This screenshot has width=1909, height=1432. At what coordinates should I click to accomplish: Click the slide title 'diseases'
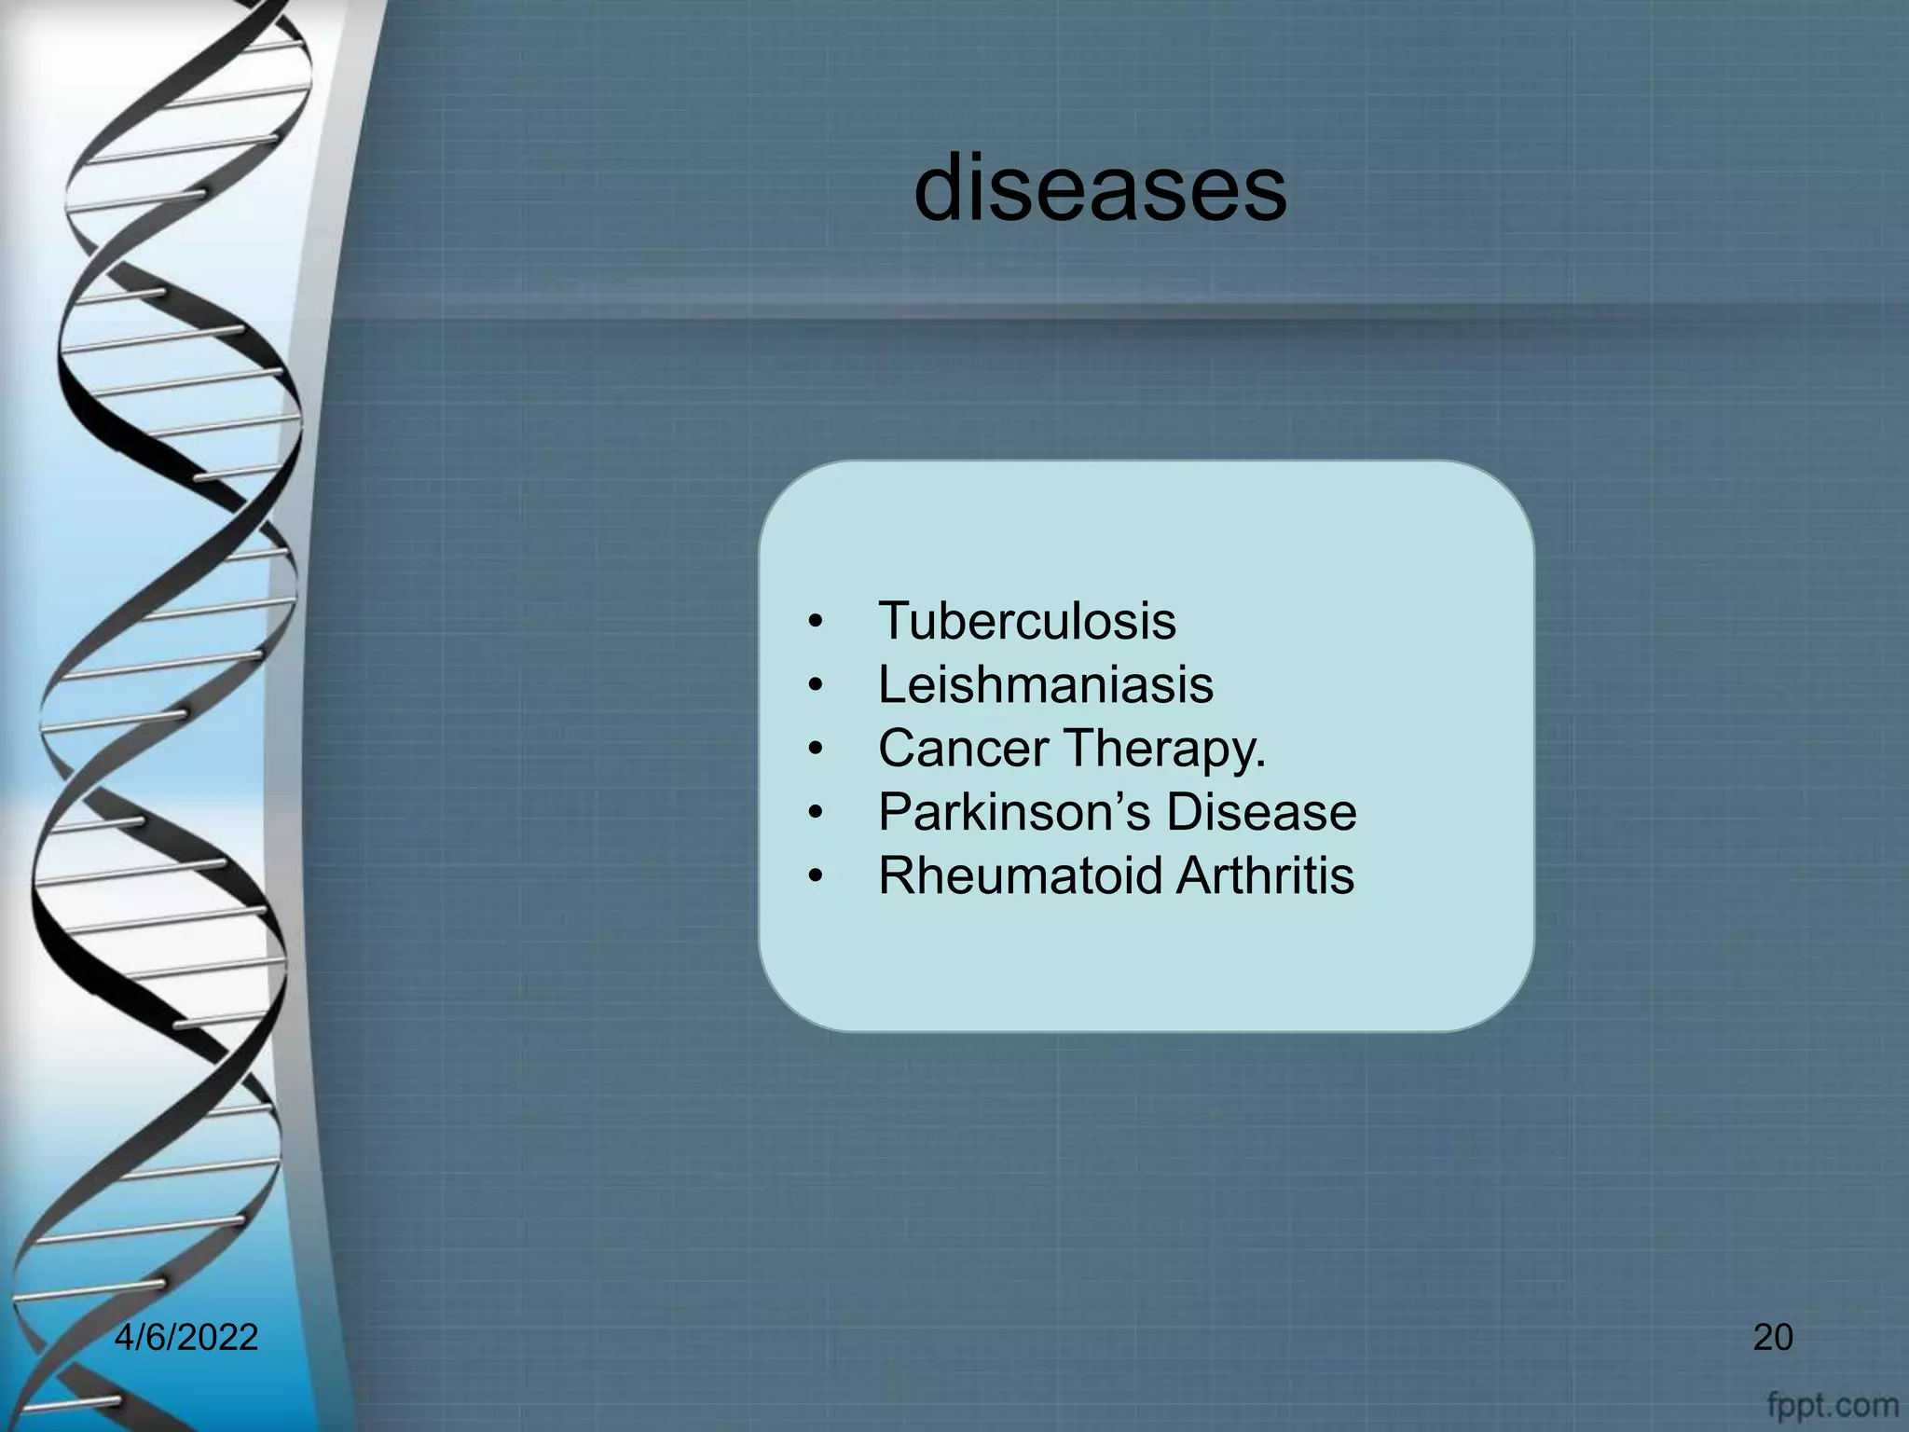(x=1100, y=189)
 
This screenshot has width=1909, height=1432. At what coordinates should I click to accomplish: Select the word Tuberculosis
(x=1027, y=621)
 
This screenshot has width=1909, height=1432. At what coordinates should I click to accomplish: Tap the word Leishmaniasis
(x=1046, y=684)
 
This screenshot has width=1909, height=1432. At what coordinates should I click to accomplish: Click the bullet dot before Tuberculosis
(x=817, y=623)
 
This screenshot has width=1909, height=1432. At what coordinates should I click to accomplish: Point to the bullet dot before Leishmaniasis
(x=817, y=686)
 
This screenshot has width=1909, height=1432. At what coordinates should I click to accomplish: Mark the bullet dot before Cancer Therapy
(x=817, y=750)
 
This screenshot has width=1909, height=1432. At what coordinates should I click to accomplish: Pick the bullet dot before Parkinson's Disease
(x=817, y=813)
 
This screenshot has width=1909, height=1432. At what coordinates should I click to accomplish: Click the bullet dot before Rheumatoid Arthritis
(x=817, y=877)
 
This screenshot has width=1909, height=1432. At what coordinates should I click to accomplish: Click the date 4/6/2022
(x=186, y=1338)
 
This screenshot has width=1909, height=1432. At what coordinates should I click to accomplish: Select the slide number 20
(x=1773, y=1338)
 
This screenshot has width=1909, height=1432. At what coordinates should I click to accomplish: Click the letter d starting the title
(x=942, y=189)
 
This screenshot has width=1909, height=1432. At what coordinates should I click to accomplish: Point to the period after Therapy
(x=1260, y=765)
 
